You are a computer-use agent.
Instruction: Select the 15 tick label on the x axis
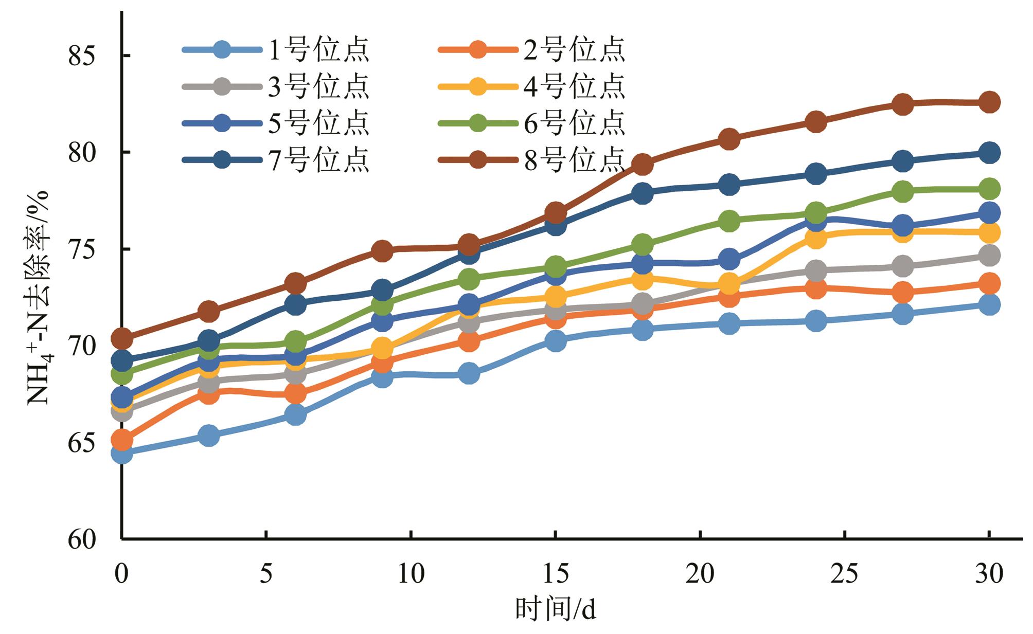coord(555,574)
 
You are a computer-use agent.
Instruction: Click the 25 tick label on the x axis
coord(845,574)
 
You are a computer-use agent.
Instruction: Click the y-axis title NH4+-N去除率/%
coord(39,297)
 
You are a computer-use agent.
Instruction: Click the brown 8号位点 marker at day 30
coord(989,102)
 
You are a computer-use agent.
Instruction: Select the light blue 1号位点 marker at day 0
coord(121,454)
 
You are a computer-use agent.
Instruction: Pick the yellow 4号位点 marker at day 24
coord(815,238)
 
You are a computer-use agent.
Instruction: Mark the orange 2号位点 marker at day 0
coord(121,440)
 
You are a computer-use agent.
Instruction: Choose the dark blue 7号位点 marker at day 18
coord(642,193)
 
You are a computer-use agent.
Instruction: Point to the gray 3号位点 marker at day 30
coord(989,256)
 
